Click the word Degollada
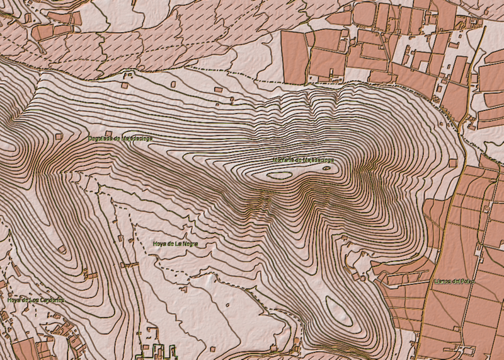pos(100,138)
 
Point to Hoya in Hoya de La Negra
pos(160,243)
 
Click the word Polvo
pos(467,281)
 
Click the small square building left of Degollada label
pos(59,136)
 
